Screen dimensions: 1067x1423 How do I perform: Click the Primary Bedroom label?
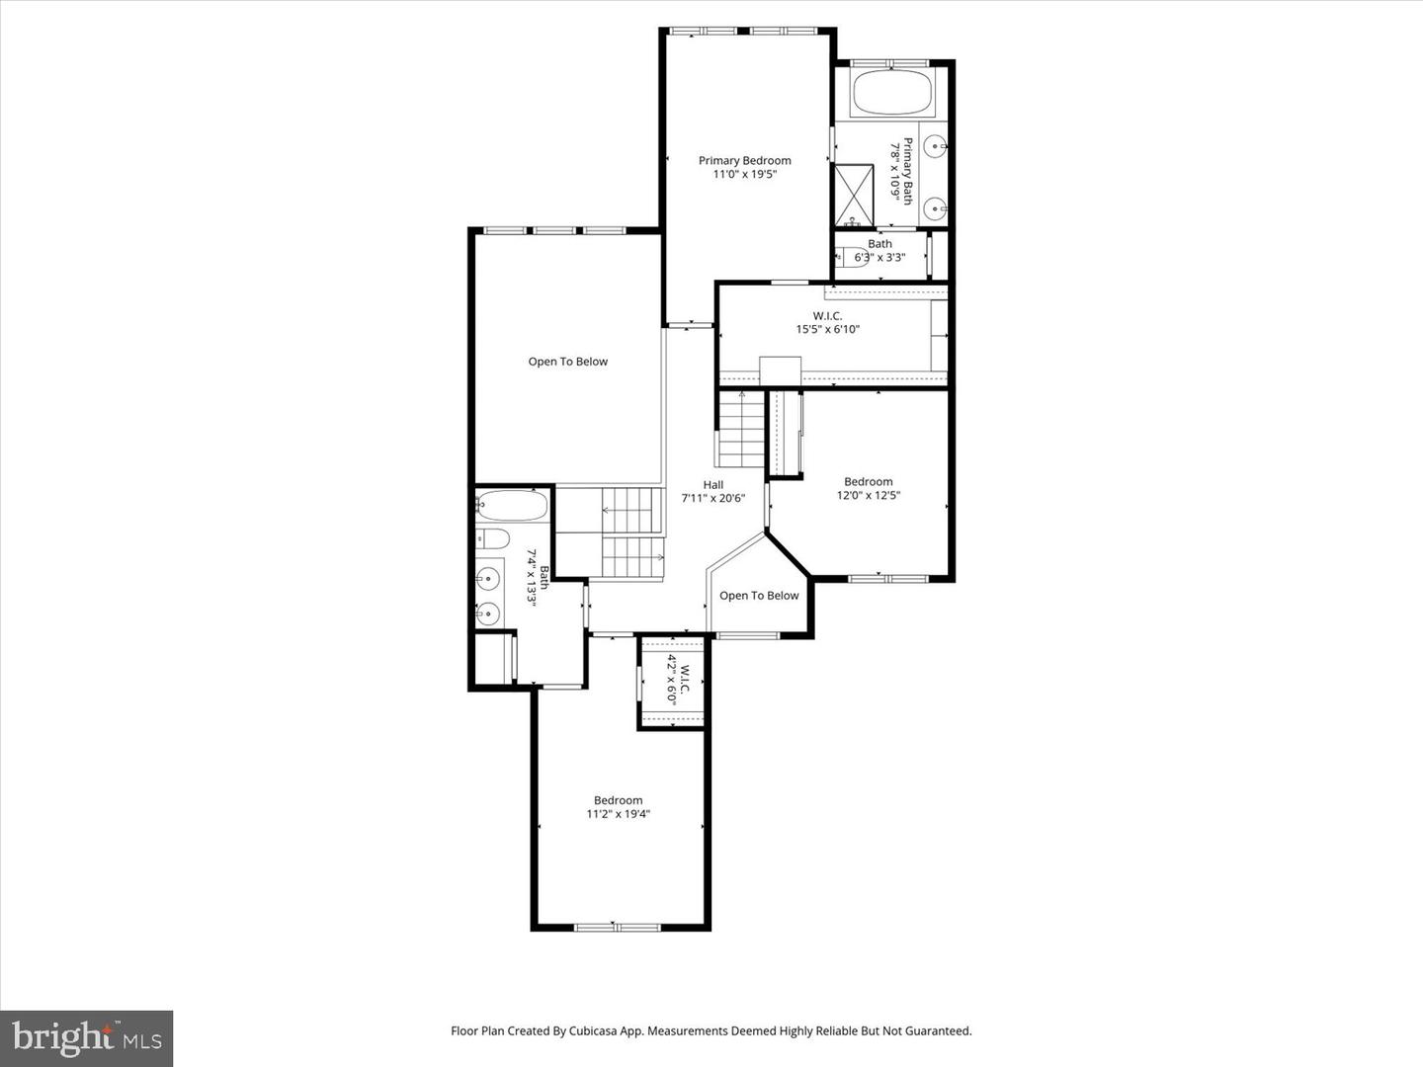point(744,160)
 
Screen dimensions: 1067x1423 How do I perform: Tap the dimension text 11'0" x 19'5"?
point(744,175)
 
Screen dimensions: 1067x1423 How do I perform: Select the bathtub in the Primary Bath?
point(891,94)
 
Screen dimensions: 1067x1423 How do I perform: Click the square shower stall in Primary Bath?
point(854,195)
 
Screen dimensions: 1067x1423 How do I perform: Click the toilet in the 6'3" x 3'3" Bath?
point(850,257)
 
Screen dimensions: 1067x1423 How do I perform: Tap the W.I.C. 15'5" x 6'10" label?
point(827,322)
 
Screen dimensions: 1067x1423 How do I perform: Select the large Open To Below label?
point(567,362)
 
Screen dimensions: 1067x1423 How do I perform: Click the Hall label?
point(712,484)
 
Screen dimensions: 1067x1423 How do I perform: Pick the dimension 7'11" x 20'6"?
point(712,499)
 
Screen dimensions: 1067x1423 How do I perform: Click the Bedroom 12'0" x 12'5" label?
point(868,488)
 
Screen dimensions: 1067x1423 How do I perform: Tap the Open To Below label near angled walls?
point(759,596)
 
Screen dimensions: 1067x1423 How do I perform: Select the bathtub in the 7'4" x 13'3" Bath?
point(511,507)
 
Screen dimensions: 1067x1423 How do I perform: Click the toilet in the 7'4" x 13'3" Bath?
point(491,538)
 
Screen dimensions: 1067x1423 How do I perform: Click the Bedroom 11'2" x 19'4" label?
point(618,807)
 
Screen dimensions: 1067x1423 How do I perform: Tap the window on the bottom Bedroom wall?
point(618,927)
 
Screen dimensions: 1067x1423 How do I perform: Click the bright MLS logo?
point(87,1038)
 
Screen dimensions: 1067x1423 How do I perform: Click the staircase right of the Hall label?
point(741,430)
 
